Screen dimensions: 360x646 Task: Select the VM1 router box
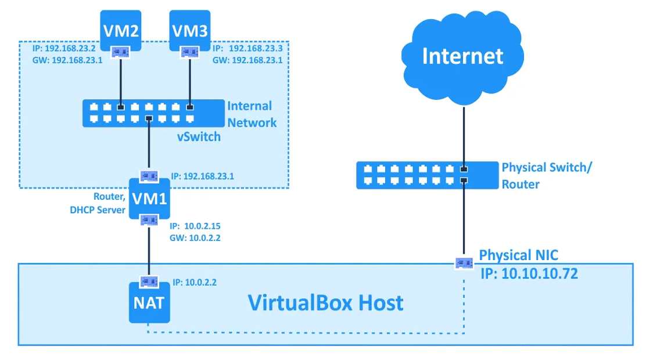149,199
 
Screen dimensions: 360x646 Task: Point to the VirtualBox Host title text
325,303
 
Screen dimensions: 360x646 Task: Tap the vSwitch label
199,138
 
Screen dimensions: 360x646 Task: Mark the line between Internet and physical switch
463,134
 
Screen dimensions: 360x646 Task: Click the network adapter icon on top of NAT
149,281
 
